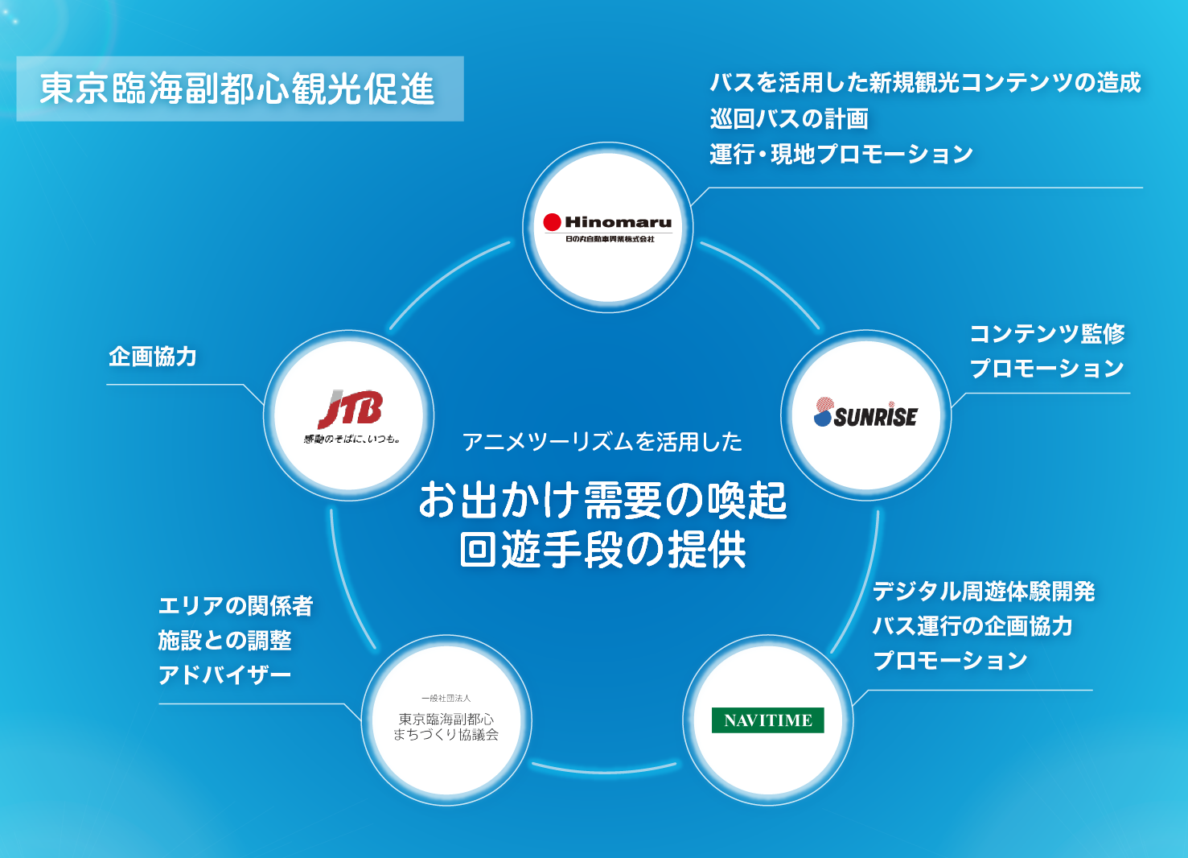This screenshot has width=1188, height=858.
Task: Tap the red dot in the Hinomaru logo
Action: pyautogui.click(x=552, y=222)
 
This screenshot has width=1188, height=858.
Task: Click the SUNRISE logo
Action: pyautogui.click(x=865, y=414)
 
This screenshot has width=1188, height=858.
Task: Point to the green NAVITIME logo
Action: pyautogui.click(x=768, y=720)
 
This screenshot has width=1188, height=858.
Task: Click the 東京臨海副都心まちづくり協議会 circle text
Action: pyautogui.click(x=446, y=726)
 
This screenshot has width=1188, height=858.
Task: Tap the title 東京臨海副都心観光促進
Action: pyautogui.click(x=238, y=89)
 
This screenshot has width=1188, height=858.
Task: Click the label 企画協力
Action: pyautogui.click(x=153, y=357)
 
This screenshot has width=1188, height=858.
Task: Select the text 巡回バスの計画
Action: pyautogui.click(x=789, y=119)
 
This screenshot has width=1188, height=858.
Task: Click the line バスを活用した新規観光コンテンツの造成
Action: pyautogui.click(x=925, y=83)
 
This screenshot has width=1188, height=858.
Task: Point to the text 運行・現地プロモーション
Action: pyautogui.click(x=841, y=154)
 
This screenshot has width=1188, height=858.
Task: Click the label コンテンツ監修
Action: pyautogui.click(x=1046, y=333)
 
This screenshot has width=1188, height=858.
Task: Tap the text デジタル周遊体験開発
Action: pyautogui.click(x=984, y=592)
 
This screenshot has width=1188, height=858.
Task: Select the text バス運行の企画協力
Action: pyautogui.click(x=972, y=626)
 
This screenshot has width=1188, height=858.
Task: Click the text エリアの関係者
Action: pyautogui.click(x=236, y=606)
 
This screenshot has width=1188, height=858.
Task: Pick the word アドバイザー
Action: pyautogui.click(x=224, y=675)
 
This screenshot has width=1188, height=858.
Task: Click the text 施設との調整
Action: pyautogui.click(x=224, y=641)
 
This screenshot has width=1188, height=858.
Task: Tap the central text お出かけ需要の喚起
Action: pyautogui.click(x=602, y=501)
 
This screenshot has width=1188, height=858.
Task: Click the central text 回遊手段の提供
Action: pyautogui.click(x=602, y=551)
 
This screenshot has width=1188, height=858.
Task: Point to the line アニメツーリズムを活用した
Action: pyautogui.click(x=602, y=442)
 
